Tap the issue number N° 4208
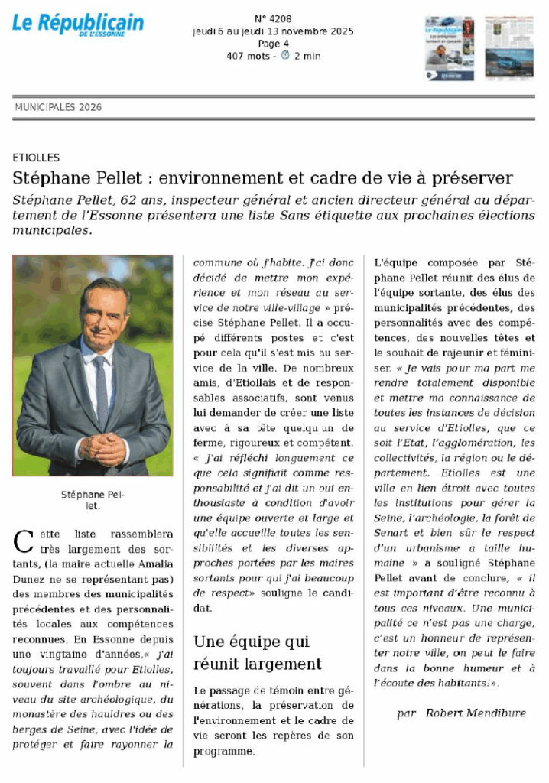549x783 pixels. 273,18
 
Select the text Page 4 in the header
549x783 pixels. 273,44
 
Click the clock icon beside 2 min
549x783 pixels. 285,56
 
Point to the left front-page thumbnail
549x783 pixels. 450,47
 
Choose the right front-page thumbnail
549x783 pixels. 509,47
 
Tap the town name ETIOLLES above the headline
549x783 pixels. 36,158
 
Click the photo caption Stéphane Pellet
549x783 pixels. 92,500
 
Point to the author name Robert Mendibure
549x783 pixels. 476,713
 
